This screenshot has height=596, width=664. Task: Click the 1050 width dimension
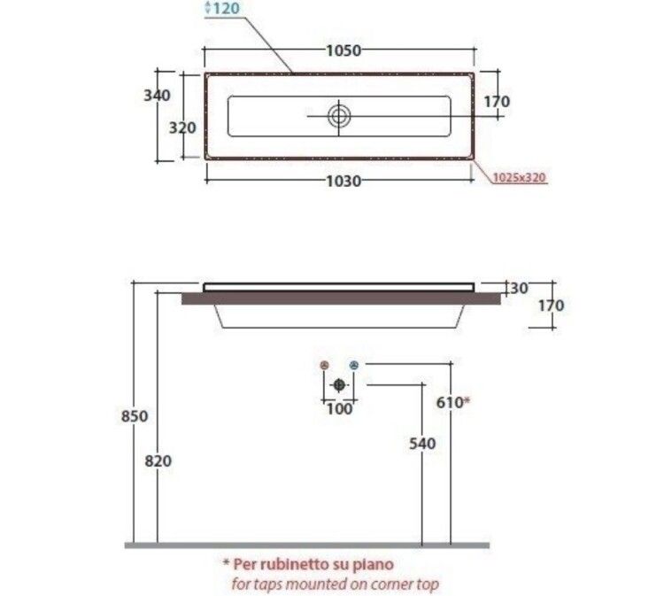click(x=344, y=50)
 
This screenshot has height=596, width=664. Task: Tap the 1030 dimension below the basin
click(x=344, y=182)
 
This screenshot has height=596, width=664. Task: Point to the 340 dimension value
click(x=157, y=96)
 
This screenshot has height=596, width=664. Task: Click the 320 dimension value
click(x=182, y=128)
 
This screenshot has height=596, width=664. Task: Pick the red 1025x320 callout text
click(x=520, y=177)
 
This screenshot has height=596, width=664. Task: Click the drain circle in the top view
click(x=339, y=117)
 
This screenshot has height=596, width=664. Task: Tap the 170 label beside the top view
click(x=497, y=102)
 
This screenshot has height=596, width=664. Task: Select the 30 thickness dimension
click(x=519, y=289)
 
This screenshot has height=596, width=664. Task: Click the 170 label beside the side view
click(x=552, y=306)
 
